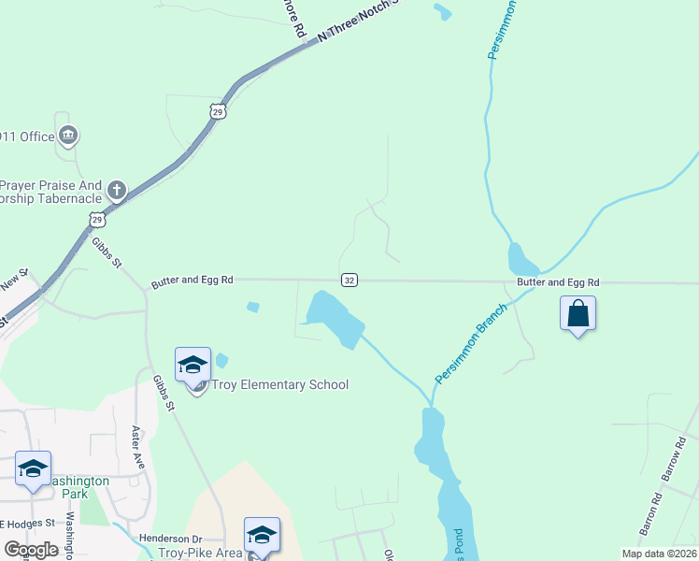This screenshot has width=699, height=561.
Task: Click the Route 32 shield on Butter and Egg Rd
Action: tap(349, 280)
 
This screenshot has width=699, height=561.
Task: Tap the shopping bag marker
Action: tap(578, 314)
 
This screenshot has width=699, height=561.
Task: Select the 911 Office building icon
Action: tap(67, 137)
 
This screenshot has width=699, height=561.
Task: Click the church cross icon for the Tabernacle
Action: tap(116, 191)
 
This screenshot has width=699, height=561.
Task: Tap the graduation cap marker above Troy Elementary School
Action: tap(193, 365)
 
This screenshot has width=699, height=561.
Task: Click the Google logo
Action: tap(32, 549)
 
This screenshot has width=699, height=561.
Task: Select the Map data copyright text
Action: tap(660, 554)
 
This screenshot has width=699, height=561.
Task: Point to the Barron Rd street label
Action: tap(650, 515)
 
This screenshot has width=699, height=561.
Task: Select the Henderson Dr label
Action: tap(170, 539)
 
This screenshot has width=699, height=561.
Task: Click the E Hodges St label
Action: tap(28, 523)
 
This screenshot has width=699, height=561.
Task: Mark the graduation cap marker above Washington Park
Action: tap(34, 468)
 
